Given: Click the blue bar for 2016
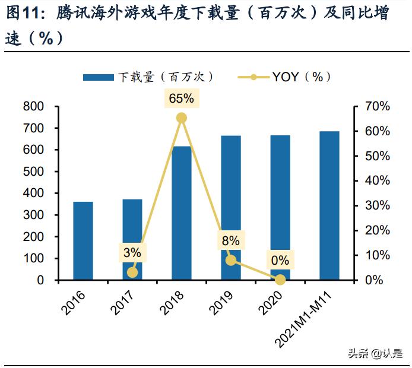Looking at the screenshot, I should (83, 241).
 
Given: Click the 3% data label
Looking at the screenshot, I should (132, 252).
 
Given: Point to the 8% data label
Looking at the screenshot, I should (230, 240).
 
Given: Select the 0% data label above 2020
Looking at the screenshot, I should (280, 260).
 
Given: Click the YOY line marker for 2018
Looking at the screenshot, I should (182, 118).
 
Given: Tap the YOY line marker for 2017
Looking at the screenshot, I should (132, 272).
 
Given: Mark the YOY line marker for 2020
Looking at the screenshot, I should (280, 280).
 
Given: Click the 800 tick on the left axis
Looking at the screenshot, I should (34, 107).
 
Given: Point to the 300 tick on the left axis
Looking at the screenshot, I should (34, 215).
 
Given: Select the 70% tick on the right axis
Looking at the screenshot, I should (376, 107).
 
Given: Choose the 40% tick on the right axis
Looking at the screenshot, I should (376, 181).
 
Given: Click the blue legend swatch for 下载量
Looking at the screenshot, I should (98, 77).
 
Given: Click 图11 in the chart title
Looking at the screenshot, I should (21, 14).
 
